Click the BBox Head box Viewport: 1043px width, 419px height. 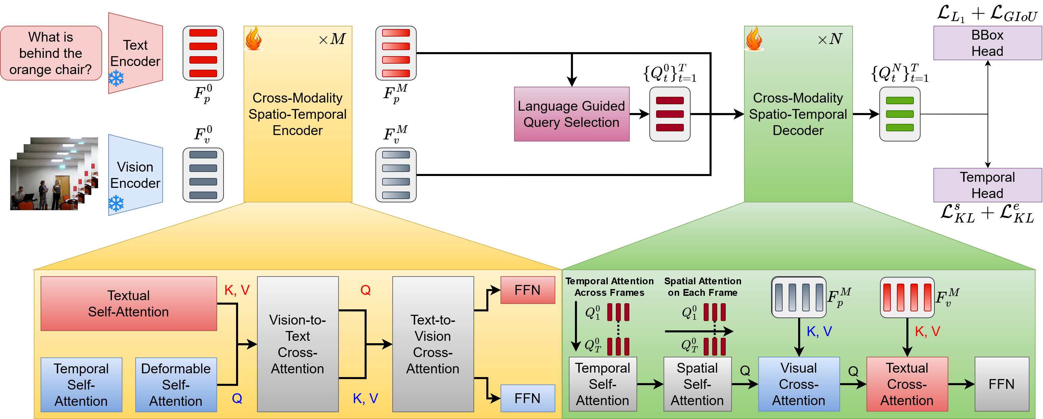click(988, 43)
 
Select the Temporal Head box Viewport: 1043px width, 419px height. click(988, 185)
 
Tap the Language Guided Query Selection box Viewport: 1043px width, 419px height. click(572, 114)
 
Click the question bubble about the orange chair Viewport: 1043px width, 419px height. click(51, 53)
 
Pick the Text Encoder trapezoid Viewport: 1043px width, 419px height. click(136, 53)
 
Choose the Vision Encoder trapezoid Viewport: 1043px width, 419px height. click(136, 175)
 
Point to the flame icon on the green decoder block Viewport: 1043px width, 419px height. click(754, 39)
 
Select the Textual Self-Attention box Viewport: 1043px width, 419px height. click(129, 304)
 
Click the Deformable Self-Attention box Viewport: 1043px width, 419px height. click(176, 384)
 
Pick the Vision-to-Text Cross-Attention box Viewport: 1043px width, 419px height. click(298, 344)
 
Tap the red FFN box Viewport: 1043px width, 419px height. click(528, 290)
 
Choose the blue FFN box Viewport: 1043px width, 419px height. click(528, 398)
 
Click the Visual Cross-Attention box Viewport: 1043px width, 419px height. click(799, 384)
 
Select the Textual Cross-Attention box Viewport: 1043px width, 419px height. click(907, 384)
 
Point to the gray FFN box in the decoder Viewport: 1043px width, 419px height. click(1002, 384)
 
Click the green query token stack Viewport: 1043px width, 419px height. click(900, 114)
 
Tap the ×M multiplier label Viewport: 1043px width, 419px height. click(332, 39)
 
